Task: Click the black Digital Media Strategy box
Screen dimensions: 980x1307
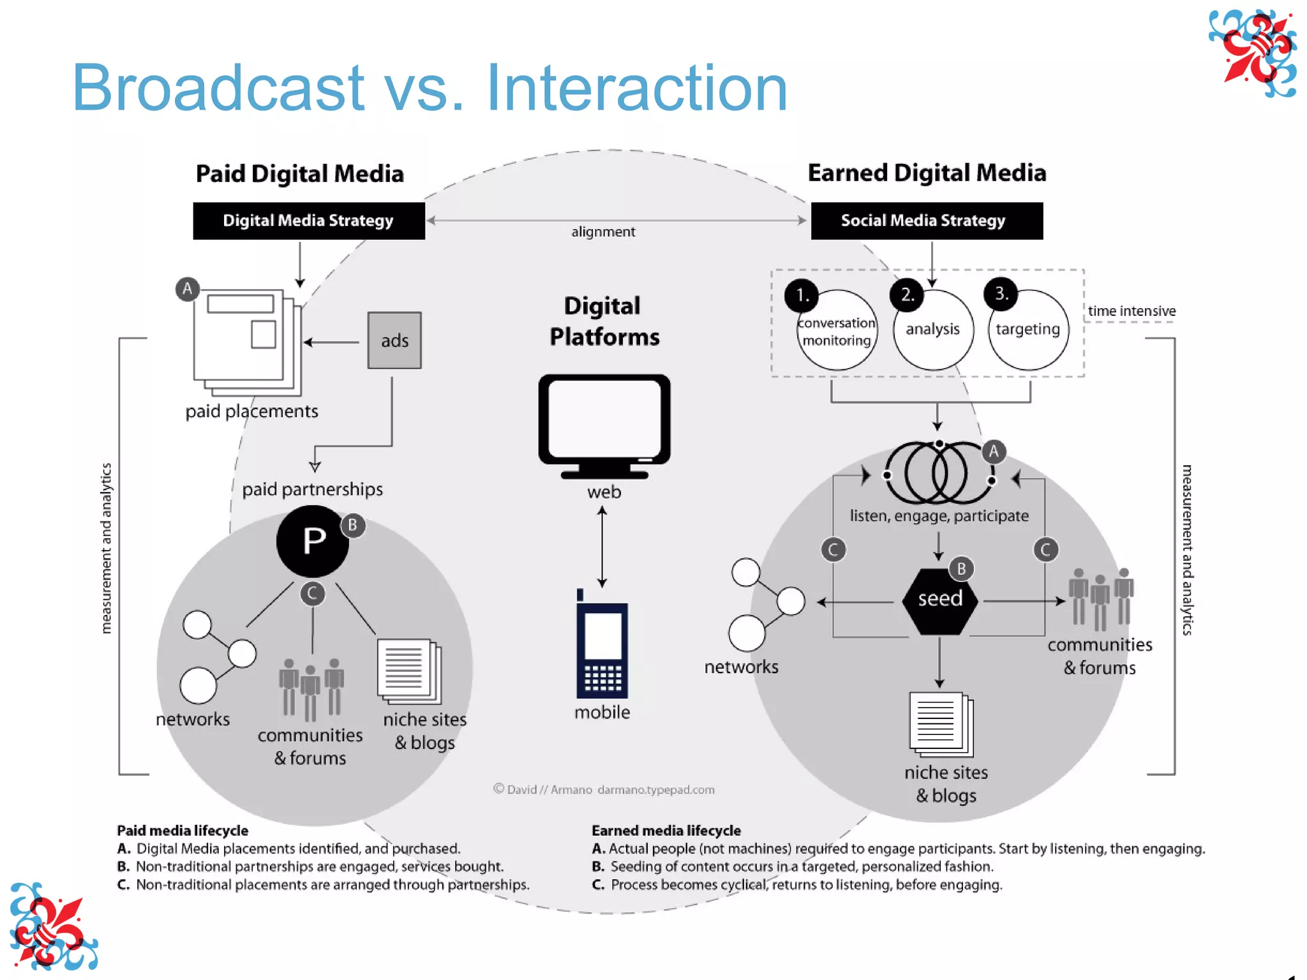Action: tap(309, 221)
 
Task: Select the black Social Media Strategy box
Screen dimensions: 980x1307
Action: tap(926, 221)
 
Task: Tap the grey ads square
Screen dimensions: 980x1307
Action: tap(394, 340)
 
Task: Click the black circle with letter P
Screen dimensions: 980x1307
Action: tap(313, 541)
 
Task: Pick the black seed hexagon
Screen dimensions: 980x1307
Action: tap(939, 600)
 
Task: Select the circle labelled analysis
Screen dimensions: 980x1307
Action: tap(932, 330)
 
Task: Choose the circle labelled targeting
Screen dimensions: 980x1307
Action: tap(1028, 330)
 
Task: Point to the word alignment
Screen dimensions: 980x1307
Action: tap(603, 232)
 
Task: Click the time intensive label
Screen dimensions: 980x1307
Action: tap(1131, 311)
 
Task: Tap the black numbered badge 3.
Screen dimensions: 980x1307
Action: tap(1001, 294)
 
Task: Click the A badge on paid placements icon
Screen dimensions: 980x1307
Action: tap(188, 289)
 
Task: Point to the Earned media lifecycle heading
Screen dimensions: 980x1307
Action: tap(666, 831)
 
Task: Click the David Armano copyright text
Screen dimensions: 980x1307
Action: tap(604, 790)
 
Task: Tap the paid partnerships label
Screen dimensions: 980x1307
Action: tap(312, 489)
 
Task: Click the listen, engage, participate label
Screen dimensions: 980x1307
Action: tap(939, 516)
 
